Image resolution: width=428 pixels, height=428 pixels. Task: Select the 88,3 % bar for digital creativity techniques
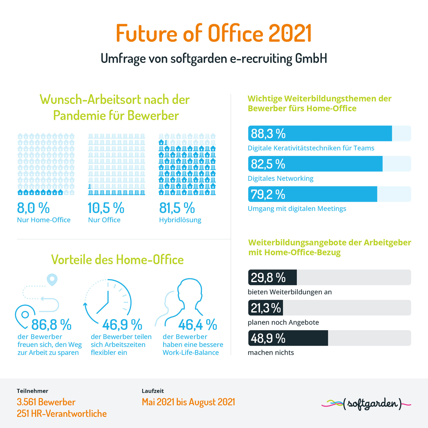coord(320,133)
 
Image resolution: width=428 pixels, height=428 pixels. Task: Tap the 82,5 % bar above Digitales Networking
coord(315,164)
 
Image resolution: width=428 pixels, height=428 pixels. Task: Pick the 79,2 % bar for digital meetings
coord(312,194)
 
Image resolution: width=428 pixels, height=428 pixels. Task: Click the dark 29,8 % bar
coord(272,277)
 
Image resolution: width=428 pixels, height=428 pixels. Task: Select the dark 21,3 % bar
coord(265,308)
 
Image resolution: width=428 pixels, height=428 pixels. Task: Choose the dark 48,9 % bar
coord(288,338)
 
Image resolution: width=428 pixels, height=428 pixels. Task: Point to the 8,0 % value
coord(33,208)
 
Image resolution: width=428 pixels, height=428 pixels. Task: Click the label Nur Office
coord(104,220)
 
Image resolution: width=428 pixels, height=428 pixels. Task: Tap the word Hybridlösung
coord(180,220)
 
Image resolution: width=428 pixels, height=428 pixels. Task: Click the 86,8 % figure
coord(51,325)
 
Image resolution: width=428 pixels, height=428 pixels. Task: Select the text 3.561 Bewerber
coord(46,402)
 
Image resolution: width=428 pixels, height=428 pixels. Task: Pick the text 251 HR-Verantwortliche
coord(62,414)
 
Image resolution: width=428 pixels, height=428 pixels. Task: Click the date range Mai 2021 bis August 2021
coord(188,402)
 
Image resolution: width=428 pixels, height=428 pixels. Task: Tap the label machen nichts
coord(271,352)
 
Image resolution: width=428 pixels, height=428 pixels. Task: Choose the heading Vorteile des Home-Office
coord(117,259)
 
